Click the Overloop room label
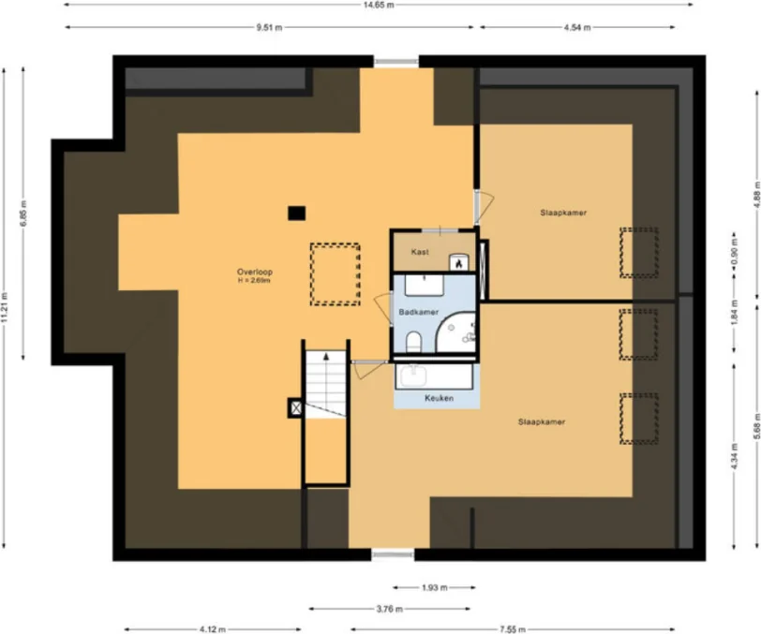[x=253, y=272]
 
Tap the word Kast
[x=420, y=252]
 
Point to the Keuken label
[x=439, y=398]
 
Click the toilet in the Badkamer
[x=413, y=342]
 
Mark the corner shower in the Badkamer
[x=458, y=331]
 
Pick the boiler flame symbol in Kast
[x=458, y=263]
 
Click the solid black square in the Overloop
[x=296, y=213]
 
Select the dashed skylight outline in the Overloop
[x=335, y=274]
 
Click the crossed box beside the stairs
[x=296, y=407]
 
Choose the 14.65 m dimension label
[x=379, y=5]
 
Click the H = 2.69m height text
[x=253, y=280]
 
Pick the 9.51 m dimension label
[x=270, y=27]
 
